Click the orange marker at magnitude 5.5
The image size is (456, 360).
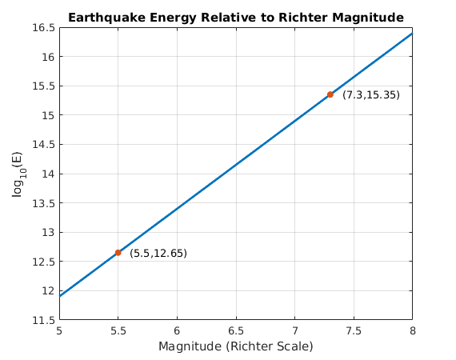point(118,253)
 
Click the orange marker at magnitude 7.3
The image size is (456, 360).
point(330,94)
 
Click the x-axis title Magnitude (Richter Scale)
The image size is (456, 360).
point(235,346)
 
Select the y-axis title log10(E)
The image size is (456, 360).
point(18,173)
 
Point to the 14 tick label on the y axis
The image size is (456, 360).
point(47,174)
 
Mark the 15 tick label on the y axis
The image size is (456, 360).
point(47,115)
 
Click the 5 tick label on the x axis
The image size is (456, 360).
point(59,330)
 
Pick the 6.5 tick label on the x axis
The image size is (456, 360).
point(235,330)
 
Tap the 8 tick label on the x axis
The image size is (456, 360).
point(412,330)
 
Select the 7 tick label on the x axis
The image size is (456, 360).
point(294,330)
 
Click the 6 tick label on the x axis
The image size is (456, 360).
point(177,330)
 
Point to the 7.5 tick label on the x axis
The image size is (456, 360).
point(353,330)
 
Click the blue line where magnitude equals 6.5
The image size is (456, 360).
point(235,165)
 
